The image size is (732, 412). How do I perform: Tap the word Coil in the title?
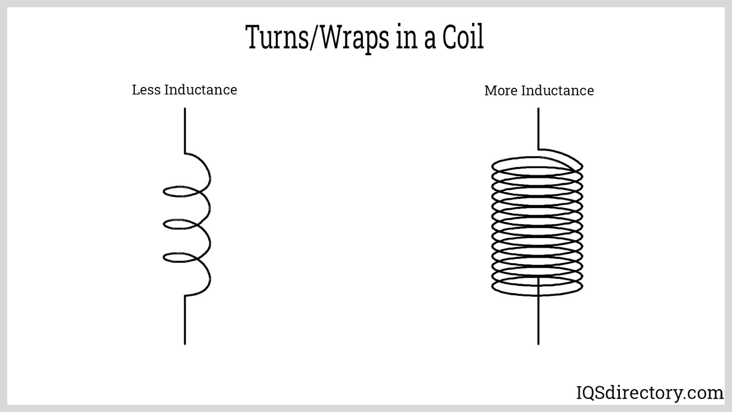tap(463, 37)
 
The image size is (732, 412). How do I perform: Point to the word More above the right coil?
tap(501, 91)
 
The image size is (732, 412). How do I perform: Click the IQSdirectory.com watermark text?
tap(649, 393)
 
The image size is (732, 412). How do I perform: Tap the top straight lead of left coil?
tap(185, 130)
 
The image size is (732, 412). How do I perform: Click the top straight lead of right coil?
tap(538, 128)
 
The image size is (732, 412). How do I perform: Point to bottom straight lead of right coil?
tap(538, 320)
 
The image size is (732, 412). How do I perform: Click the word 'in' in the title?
tap(405, 38)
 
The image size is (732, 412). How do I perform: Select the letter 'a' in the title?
tap(430, 40)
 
